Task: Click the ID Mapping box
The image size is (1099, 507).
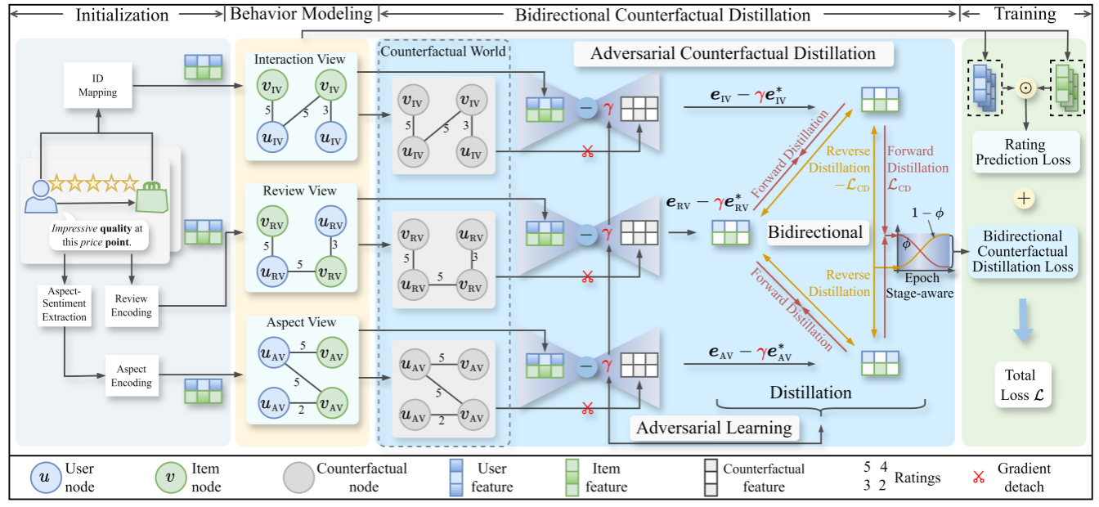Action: [97, 86]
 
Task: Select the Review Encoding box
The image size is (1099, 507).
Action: [131, 306]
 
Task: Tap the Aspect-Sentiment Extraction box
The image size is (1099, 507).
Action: [65, 305]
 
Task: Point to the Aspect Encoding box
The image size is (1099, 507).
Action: [131, 376]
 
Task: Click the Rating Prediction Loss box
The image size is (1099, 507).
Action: [1025, 152]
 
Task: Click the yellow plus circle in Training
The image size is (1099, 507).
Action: [1025, 198]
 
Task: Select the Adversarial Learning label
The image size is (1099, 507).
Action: [714, 428]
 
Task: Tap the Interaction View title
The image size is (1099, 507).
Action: [299, 60]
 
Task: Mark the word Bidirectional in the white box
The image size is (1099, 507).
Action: [815, 232]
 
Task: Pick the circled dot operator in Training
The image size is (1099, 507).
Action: [1025, 87]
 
